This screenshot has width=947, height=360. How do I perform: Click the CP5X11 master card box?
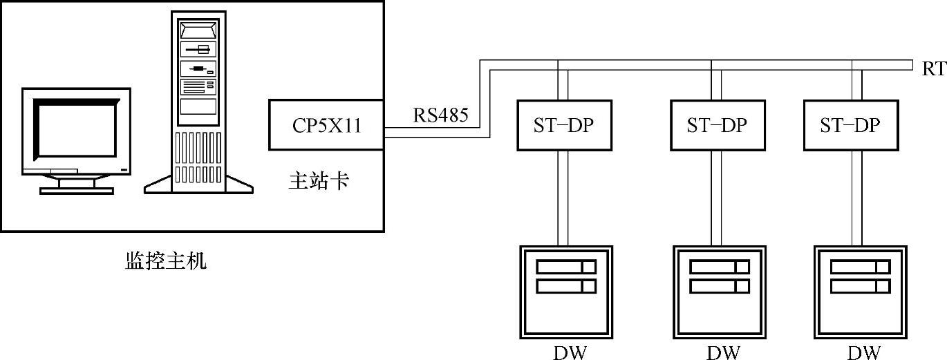(326, 125)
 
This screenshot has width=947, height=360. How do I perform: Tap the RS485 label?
(441, 115)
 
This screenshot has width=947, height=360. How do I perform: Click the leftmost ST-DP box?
(563, 125)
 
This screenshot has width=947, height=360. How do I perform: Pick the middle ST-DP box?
(717, 125)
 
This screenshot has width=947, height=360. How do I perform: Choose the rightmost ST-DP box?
(850, 125)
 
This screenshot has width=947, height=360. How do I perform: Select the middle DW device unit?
(720, 290)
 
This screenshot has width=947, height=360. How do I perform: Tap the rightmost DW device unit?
(860, 290)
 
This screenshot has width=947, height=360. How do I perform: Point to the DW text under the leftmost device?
(570, 352)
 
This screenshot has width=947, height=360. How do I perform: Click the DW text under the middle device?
(723, 352)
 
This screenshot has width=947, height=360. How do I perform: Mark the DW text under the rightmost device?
(864, 352)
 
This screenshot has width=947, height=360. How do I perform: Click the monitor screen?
(76, 130)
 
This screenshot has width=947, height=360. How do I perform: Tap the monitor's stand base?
(76, 188)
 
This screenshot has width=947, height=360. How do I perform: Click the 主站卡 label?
(318, 181)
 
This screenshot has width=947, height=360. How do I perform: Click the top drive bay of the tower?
(198, 30)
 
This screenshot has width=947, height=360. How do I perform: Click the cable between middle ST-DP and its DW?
(717, 197)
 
